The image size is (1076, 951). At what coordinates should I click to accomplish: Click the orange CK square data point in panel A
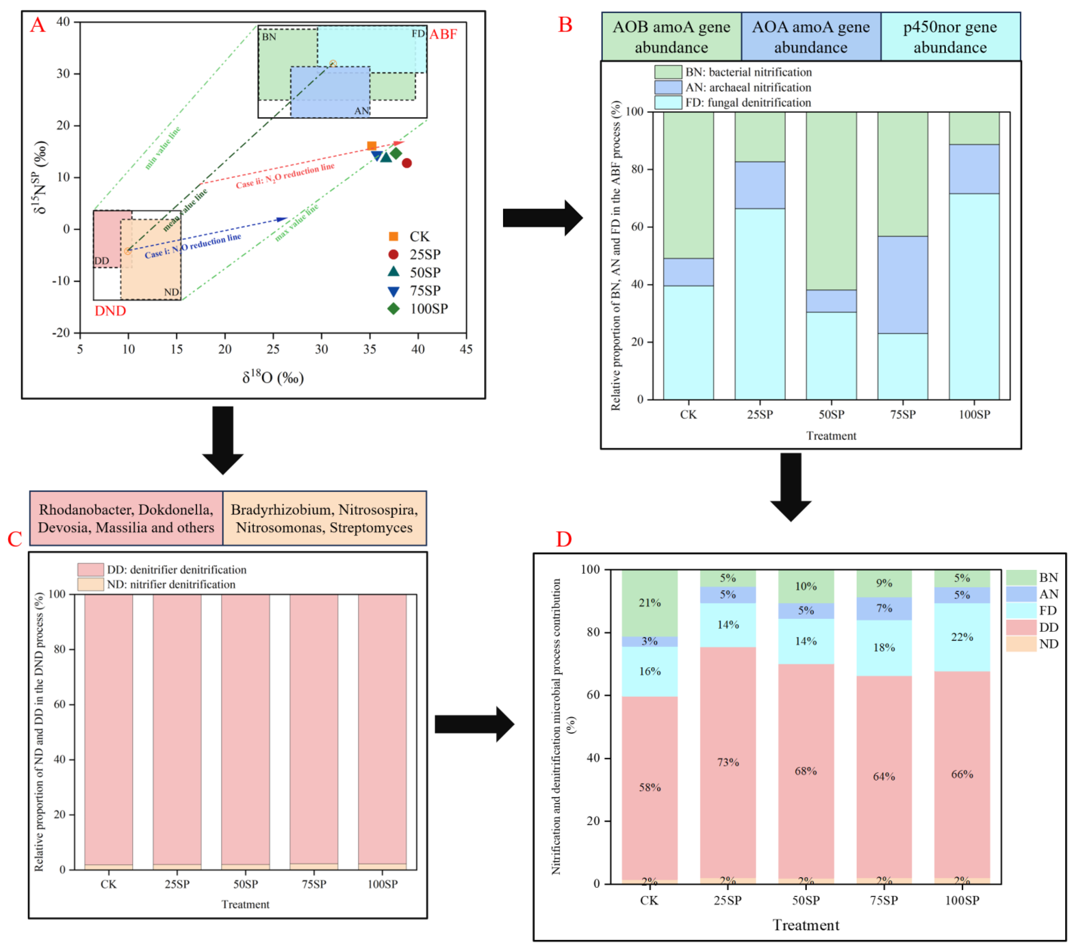(x=371, y=146)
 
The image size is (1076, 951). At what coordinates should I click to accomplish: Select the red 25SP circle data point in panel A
(x=406, y=163)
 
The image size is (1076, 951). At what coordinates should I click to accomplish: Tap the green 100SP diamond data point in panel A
(x=396, y=153)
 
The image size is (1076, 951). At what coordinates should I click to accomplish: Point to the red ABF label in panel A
(x=443, y=34)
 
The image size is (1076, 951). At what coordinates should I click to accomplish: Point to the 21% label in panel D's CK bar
(x=650, y=603)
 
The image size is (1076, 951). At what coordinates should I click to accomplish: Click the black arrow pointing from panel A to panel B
(x=542, y=217)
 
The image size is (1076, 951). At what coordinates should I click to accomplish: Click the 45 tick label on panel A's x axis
(x=466, y=349)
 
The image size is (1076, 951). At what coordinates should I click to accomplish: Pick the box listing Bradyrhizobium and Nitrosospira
(x=324, y=518)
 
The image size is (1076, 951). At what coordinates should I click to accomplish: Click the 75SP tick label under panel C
(x=314, y=884)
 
